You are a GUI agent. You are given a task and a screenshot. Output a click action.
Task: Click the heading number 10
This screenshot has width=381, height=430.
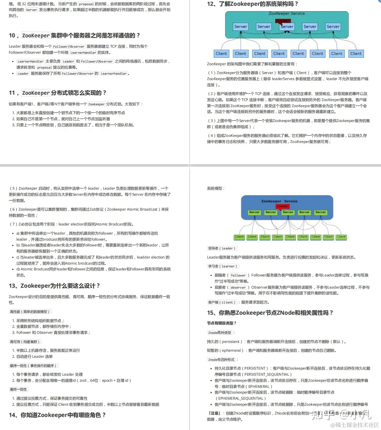click(x=12, y=36)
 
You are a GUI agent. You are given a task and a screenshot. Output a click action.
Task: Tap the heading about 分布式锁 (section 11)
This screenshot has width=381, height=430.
click(x=58, y=93)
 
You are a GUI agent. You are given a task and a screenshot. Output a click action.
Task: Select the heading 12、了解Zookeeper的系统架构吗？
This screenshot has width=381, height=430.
click(x=253, y=4)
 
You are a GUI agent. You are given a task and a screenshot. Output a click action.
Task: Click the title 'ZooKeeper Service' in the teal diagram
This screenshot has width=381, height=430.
click(x=287, y=14)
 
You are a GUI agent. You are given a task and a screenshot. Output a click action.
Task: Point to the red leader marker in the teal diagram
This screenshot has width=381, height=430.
click(x=283, y=21)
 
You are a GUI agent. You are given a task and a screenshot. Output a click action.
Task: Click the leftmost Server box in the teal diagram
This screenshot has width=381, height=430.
click(x=241, y=27)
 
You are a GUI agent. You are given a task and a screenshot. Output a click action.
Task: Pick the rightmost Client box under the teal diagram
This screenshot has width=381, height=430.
click(x=356, y=54)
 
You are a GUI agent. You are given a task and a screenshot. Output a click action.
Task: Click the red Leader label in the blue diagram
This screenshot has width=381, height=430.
click(x=282, y=206)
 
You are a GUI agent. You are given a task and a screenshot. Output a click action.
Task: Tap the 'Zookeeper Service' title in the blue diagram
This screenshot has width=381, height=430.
click(x=279, y=201)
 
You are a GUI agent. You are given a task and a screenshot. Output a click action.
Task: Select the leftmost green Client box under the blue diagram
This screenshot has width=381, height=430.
click(x=239, y=237)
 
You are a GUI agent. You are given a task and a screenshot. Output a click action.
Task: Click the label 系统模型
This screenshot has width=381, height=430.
click(x=216, y=188)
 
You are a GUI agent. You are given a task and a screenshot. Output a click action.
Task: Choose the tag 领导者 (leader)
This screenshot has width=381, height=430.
click(x=221, y=248)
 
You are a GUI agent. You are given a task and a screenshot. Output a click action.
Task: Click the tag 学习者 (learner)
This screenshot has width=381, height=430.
click(x=223, y=266)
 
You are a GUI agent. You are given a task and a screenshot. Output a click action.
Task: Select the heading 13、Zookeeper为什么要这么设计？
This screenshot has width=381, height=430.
click(x=54, y=286)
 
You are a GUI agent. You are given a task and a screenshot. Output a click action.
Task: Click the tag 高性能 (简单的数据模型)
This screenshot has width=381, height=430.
click(x=30, y=312)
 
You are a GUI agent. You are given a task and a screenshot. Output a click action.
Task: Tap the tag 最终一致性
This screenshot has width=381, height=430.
click(x=19, y=389)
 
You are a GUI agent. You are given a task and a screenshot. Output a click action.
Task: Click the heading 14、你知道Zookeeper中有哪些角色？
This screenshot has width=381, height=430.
click(x=57, y=415)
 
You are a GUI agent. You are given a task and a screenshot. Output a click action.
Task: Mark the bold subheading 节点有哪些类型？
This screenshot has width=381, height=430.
click(x=222, y=323)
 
